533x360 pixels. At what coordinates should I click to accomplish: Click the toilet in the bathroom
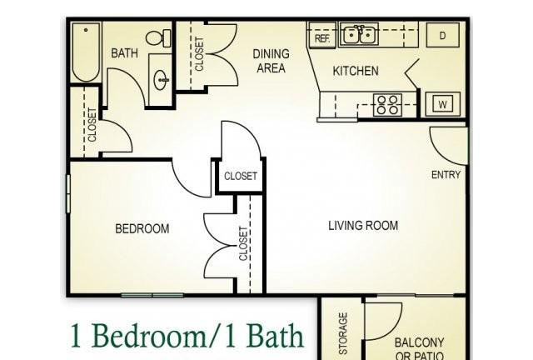tap(158, 37)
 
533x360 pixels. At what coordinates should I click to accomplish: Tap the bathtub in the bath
tap(86, 52)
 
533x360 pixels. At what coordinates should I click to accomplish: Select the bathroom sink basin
tap(161, 80)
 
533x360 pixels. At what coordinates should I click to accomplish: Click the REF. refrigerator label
tap(322, 38)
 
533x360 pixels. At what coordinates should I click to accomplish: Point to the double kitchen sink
tap(359, 34)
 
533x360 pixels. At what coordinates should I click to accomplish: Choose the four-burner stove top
tap(387, 105)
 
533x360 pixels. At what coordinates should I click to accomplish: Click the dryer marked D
tap(442, 35)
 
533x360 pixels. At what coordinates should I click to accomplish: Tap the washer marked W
tap(442, 104)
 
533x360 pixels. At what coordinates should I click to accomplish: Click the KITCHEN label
tap(356, 71)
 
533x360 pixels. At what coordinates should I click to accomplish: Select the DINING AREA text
tap(271, 61)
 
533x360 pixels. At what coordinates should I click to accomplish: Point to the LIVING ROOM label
tap(363, 226)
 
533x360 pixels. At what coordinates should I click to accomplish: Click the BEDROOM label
tap(142, 228)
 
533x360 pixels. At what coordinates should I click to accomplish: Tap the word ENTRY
tap(446, 175)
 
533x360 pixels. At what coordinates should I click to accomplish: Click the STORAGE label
tap(343, 333)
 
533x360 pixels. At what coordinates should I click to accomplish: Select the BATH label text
tap(124, 53)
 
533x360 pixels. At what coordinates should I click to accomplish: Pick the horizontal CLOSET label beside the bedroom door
tap(241, 176)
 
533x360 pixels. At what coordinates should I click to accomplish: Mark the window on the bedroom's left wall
tap(68, 194)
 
